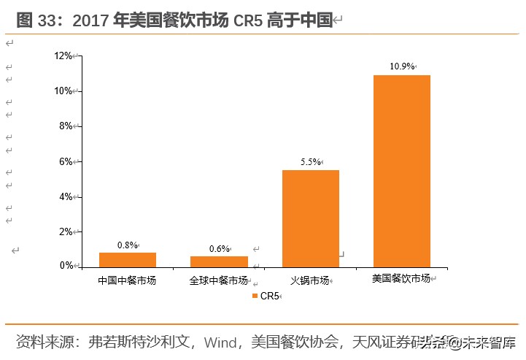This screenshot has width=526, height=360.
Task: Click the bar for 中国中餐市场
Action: pos(128,259)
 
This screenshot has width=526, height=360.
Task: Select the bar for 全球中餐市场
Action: pos(219,261)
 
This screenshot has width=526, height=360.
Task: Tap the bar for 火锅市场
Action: pos(311,218)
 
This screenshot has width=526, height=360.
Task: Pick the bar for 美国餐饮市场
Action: pos(402,171)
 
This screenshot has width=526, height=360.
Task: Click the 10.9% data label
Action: pos(401,66)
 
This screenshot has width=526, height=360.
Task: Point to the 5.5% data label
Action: pos(309,162)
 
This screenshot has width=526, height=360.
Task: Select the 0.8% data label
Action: pos(127,245)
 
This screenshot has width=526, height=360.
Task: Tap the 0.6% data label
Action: pos(219,248)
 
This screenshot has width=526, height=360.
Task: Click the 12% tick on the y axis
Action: pos(63,55)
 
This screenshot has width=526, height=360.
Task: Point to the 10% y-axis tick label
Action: pos(63,91)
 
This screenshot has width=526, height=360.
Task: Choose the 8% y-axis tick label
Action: pos(65,126)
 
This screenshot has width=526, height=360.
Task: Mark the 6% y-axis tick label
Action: pos(65,161)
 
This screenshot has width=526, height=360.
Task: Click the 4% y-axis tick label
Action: pos(65,196)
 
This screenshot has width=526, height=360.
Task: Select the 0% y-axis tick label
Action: pos(65,266)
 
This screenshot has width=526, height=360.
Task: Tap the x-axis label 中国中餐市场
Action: pos(127,280)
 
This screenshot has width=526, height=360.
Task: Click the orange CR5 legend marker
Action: pos(255,296)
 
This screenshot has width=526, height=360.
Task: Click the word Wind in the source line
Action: pos(221,342)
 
